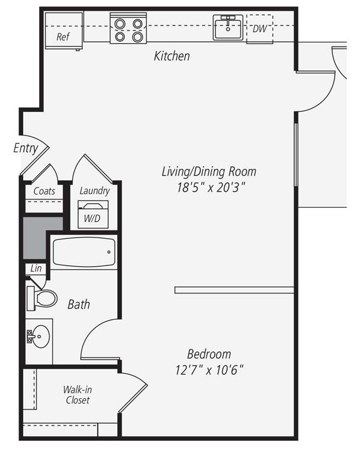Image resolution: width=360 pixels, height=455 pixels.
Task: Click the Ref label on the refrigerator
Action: click(63, 37)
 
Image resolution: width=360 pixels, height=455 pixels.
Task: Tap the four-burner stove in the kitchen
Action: click(128, 30)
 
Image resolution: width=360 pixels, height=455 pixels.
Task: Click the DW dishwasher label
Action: click(259, 28)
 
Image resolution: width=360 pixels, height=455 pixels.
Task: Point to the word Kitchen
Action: click(172, 56)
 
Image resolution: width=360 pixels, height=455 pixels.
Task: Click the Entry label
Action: click(25, 148)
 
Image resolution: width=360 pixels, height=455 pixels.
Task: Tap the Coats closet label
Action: click(44, 191)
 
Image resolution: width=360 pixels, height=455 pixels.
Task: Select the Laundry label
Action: click(95, 191)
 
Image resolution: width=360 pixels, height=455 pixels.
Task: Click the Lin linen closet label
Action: click(36, 268)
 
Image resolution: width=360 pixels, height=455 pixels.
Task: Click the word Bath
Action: click(79, 305)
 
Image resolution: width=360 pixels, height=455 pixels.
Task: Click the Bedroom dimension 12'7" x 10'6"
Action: click(209, 370)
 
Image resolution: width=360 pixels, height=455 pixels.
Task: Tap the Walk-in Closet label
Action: click(77, 395)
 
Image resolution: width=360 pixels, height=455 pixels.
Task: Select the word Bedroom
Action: click(209, 354)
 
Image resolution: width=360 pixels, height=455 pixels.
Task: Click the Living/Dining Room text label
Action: click(209, 172)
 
